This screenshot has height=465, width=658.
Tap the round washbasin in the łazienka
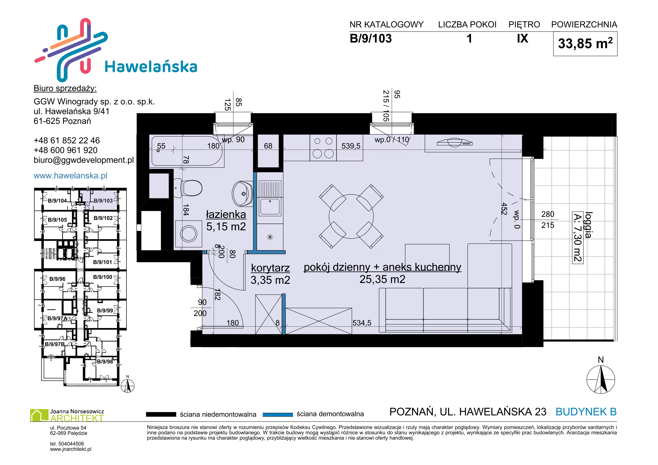(x=242, y=193)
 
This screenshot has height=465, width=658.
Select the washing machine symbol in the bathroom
(x=189, y=234)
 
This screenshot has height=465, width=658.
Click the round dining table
(x=351, y=216)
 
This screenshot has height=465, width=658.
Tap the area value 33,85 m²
(x=585, y=43)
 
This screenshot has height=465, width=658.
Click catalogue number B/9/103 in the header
(x=371, y=39)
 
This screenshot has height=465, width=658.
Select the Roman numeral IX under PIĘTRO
(x=523, y=38)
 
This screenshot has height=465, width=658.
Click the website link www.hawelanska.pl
(x=71, y=175)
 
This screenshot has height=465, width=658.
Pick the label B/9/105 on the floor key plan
(x=57, y=220)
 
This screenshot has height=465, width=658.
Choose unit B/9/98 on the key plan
(x=105, y=362)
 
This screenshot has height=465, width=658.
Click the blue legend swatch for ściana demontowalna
(x=278, y=414)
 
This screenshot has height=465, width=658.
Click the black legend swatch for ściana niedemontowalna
(x=161, y=414)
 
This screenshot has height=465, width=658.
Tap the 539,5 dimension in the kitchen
(x=351, y=146)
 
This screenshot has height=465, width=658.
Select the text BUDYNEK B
(x=586, y=412)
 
